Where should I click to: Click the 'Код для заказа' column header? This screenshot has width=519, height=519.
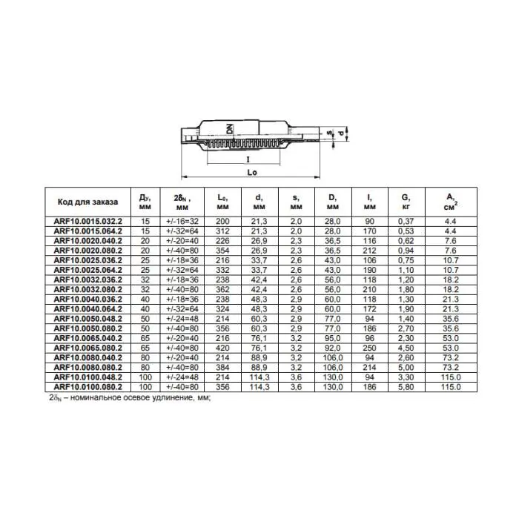[84, 202]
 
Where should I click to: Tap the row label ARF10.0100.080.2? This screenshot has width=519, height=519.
[85, 386]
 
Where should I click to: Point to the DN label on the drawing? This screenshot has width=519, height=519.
[230, 128]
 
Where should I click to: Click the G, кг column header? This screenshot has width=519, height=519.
[405, 202]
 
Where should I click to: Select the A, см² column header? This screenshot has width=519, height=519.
[449, 202]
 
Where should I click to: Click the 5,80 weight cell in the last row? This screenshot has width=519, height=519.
[405, 386]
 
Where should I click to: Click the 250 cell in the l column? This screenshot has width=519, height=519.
[369, 345]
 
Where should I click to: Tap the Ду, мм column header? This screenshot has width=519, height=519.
[145, 202]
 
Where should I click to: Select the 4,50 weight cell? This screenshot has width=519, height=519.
[405, 345]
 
